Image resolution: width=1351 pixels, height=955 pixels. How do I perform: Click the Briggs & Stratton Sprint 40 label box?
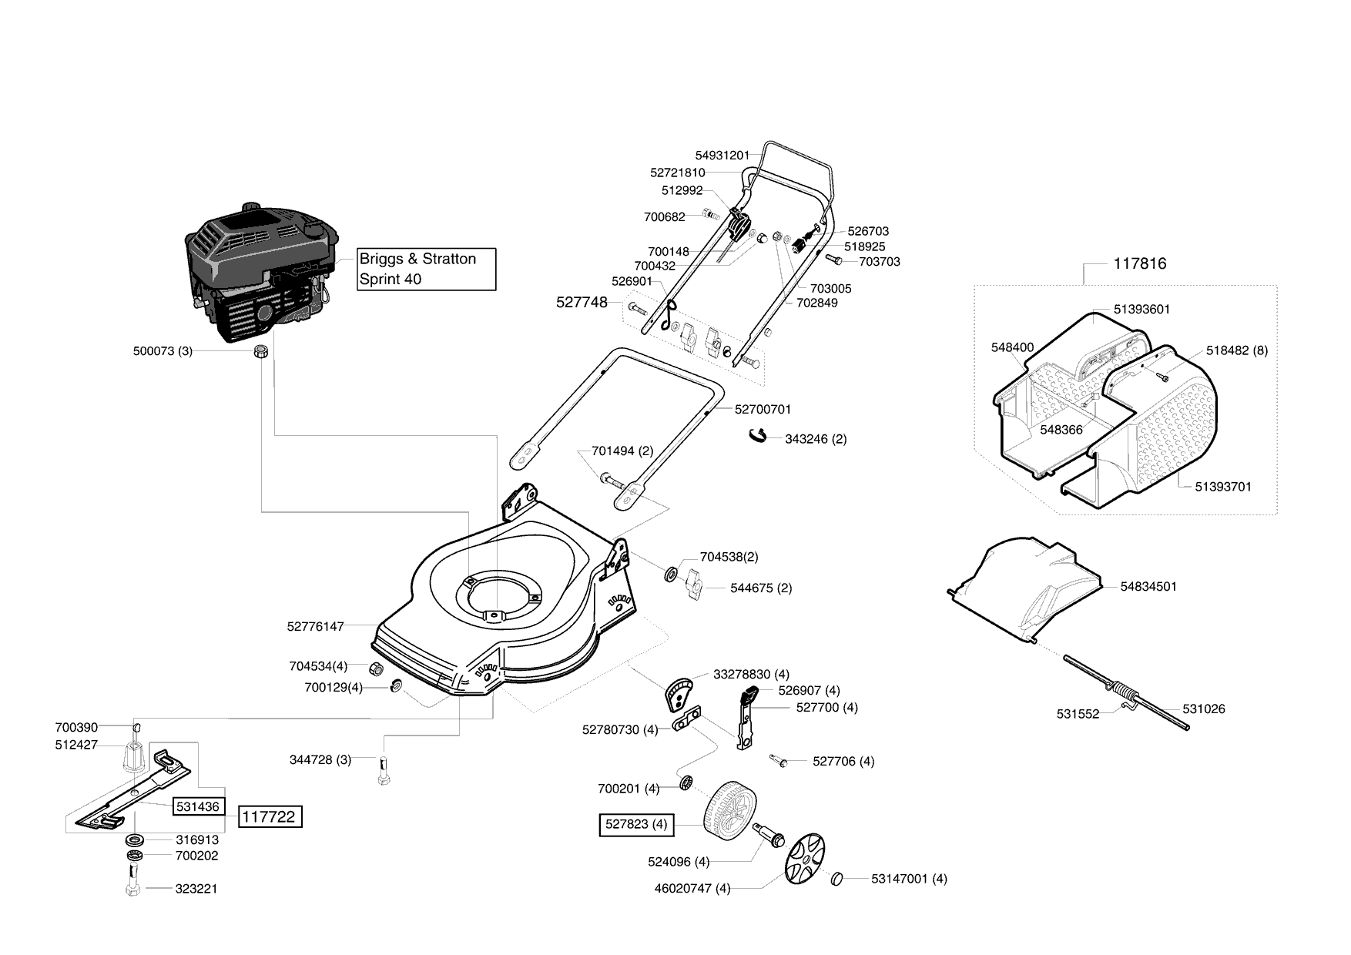pyautogui.click(x=427, y=269)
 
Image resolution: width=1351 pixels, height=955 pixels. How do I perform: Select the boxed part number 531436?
pyautogui.click(x=198, y=806)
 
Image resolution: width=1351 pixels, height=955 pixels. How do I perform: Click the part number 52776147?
pyautogui.click(x=315, y=627)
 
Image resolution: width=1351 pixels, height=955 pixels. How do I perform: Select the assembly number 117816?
pyautogui.click(x=1140, y=263)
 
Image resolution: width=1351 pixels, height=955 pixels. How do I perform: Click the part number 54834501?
pyautogui.click(x=1148, y=586)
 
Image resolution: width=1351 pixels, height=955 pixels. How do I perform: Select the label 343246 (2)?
pyautogui.click(x=816, y=439)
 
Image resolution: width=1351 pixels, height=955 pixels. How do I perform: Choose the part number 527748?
pyautogui.click(x=582, y=303)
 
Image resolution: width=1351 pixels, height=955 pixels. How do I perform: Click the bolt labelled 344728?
pyautogui.click(x=384, y=769)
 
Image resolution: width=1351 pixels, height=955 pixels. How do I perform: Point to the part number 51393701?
pyautogui.click(x=1223, y=487)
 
